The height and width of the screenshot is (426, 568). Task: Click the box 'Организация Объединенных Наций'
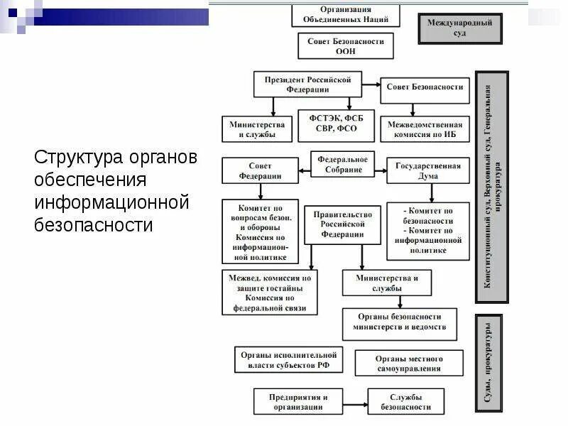pos(346,14)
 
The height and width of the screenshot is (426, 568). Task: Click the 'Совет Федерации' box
pos(260,170)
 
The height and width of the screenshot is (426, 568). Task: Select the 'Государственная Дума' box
pos(427,170)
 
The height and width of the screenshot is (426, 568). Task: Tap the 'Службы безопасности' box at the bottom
pos(405,402)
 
